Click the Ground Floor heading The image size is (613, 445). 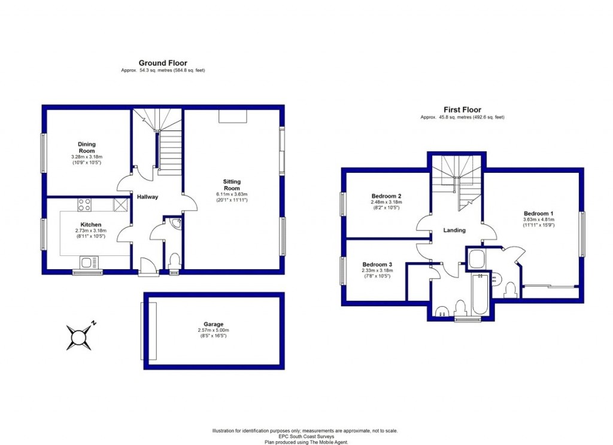pos(163,63)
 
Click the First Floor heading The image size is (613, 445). pos(462,109)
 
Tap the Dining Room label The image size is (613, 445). pos(86,147)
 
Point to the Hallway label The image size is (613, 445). pos(147,197)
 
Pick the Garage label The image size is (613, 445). pos(213,324)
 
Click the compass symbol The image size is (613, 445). pos(79,337)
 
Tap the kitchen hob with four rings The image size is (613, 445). pos(84,205)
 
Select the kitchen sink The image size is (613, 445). pos(89,262)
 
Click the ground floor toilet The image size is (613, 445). pos(174,261)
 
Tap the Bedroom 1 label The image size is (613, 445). pos(539,214)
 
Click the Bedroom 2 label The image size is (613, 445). pos(386,196)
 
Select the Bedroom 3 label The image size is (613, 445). pos(377,264)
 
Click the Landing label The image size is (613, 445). pos(454,230)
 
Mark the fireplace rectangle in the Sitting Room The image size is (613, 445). pos(233,116)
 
